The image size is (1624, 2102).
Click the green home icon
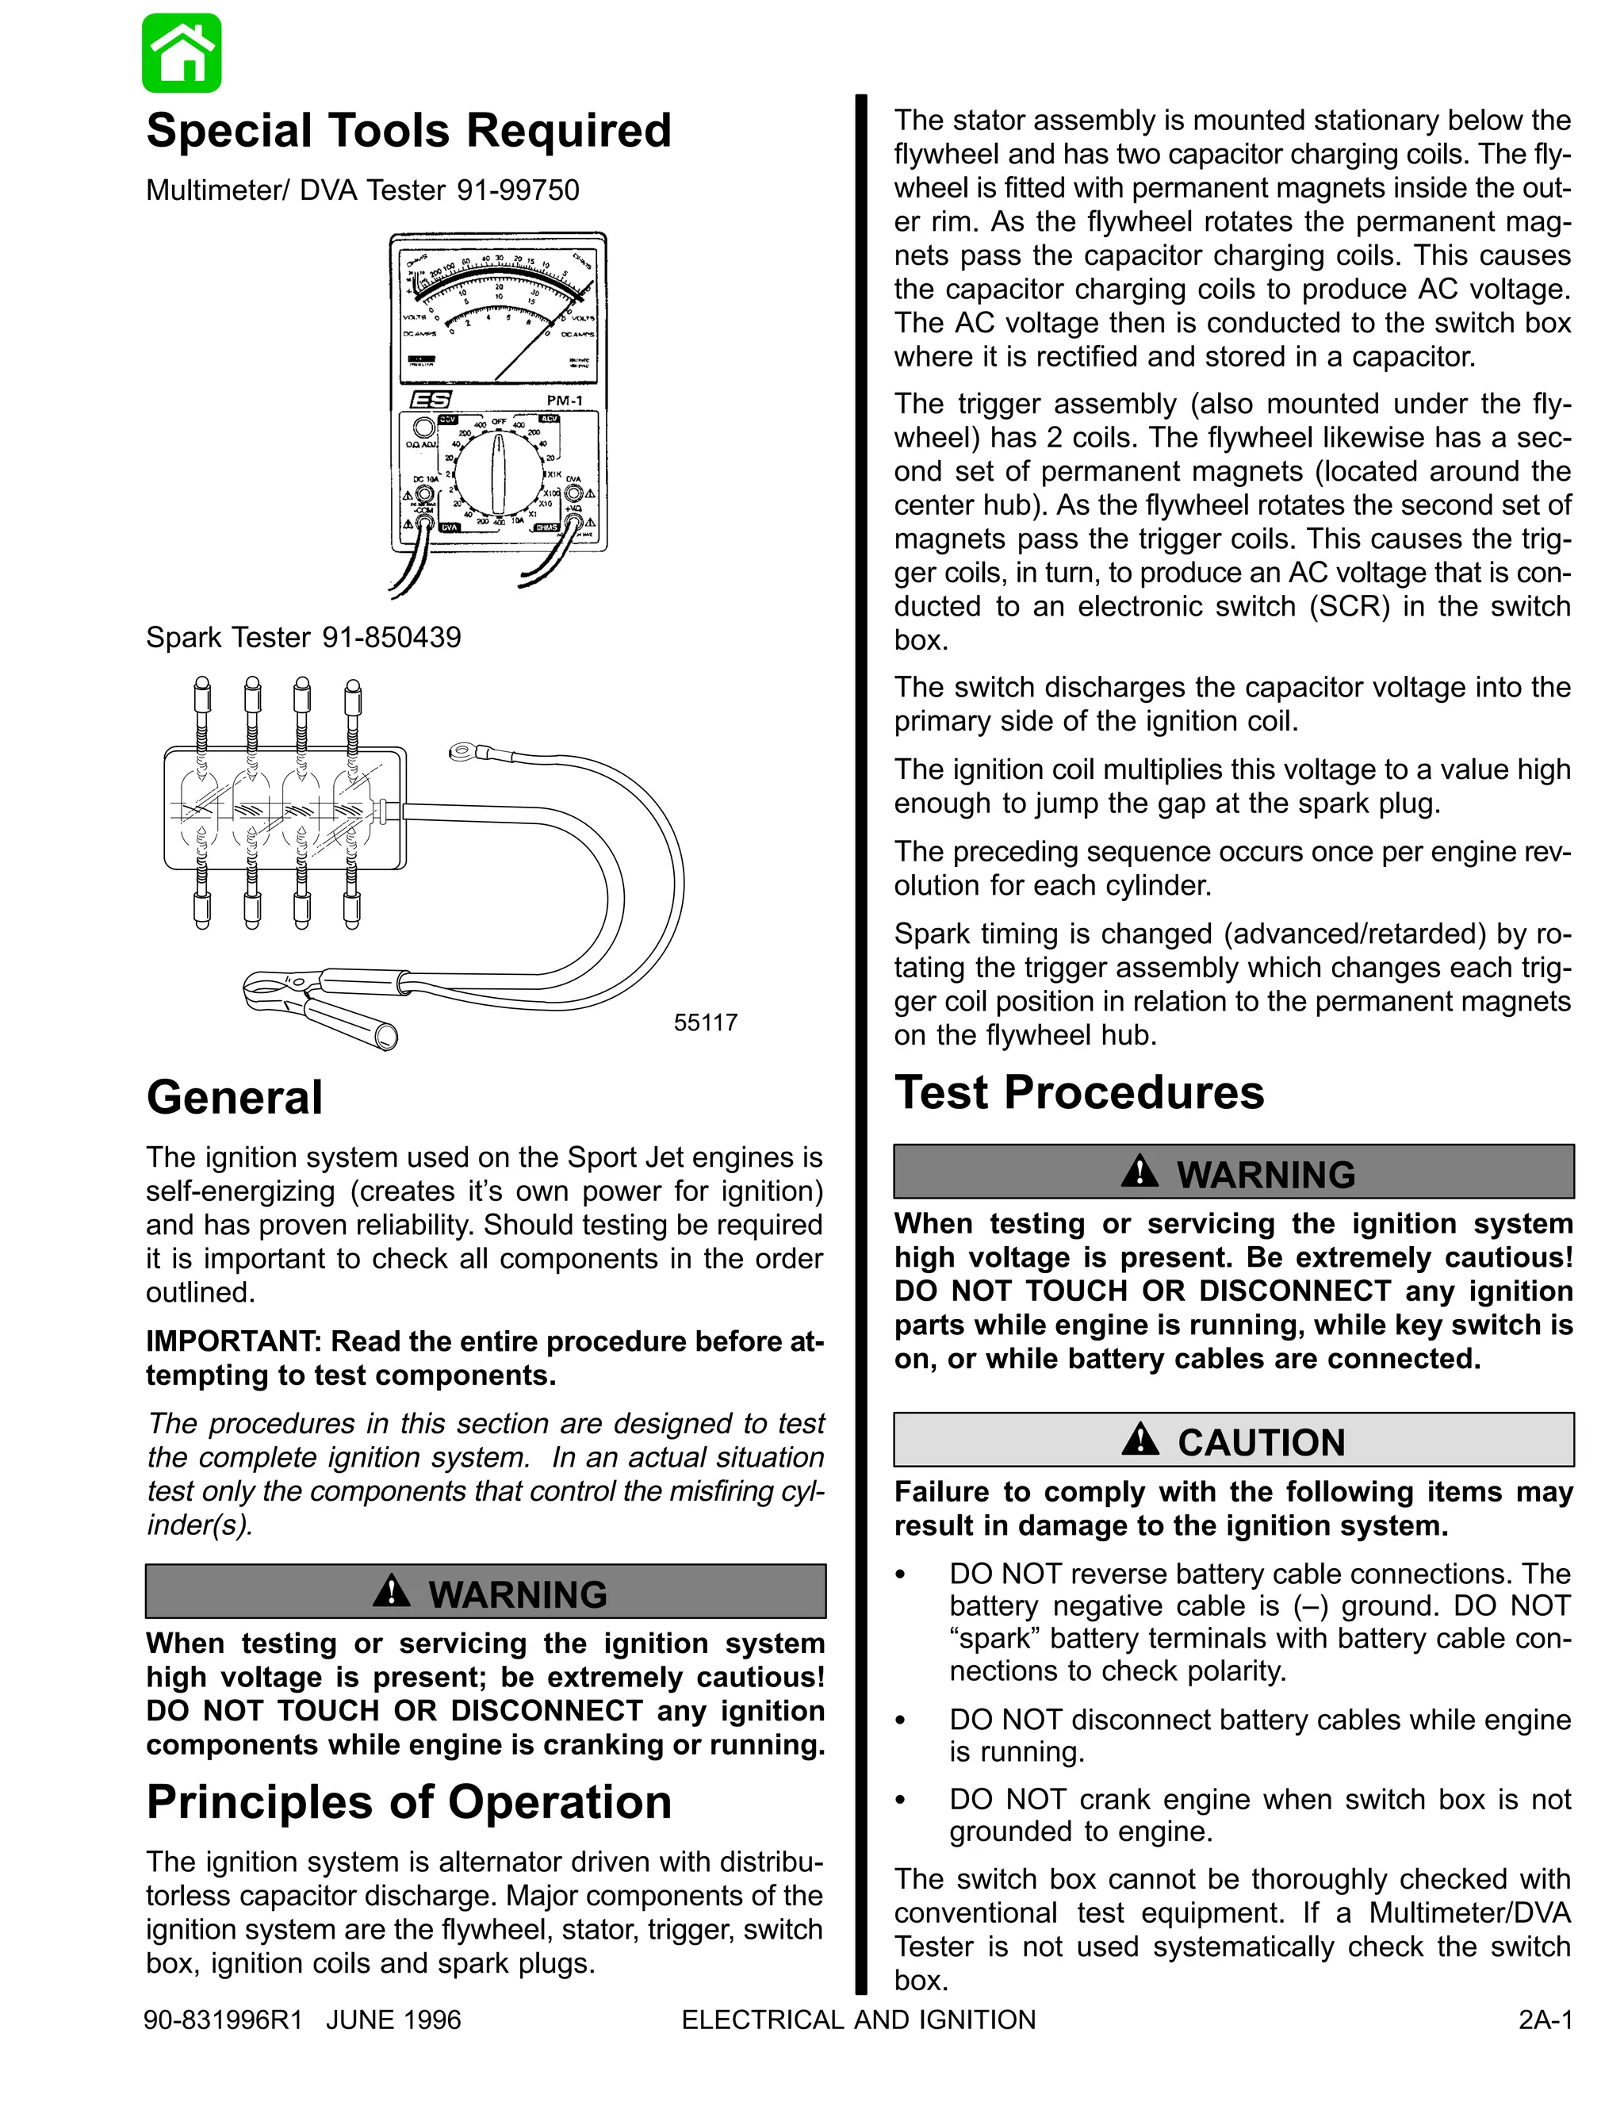coord(182,53)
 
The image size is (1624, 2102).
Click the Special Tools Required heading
coord(408,131)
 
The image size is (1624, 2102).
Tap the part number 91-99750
coord(518,190)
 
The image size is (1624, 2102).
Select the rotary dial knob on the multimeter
coord(498,473)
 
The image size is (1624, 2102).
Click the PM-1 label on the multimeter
coord(565,401)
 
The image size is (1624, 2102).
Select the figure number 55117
coord(705,1022)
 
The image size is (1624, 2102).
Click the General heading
coord(234,1097)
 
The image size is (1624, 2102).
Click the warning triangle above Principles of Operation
coord(391,1591)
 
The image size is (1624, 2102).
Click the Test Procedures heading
coord(1078,1092)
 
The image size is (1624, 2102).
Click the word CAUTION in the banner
coord(1260,1442)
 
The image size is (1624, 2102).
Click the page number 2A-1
coord(1545,2020)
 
